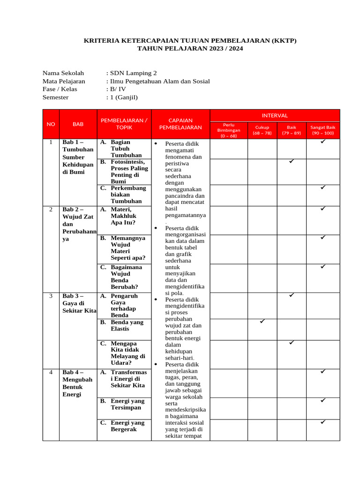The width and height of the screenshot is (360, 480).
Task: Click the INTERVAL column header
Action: pos(275,115)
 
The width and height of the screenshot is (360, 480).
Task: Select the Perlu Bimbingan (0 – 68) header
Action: pos(228,130)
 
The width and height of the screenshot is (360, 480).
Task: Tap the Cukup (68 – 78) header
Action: pos(262,130)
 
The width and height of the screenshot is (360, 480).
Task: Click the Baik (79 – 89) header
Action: pos(292,130)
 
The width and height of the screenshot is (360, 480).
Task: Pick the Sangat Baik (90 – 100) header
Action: pos(323,130)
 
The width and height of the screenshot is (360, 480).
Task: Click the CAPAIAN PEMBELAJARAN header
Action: pos(180,124)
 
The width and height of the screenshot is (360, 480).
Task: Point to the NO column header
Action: pos(51,124)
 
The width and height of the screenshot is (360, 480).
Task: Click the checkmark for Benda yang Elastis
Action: pos(262,322)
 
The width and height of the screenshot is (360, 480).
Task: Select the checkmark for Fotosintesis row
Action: pos(291,161)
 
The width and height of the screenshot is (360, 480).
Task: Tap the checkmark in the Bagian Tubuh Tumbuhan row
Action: pos(322,141)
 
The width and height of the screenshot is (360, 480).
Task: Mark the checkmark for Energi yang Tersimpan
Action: pos(322,400)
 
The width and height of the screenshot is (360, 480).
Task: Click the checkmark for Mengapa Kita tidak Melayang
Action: pos(291,343)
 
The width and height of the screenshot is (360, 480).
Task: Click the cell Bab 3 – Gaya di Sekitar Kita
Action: pos(78,303)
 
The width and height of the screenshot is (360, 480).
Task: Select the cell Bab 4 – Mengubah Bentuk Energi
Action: pos(77,383)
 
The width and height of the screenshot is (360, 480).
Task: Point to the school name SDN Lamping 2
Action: pos(133,73)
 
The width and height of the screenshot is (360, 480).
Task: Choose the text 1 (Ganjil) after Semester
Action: pos(124,97)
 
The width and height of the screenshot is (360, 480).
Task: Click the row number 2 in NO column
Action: pos(51,209)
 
